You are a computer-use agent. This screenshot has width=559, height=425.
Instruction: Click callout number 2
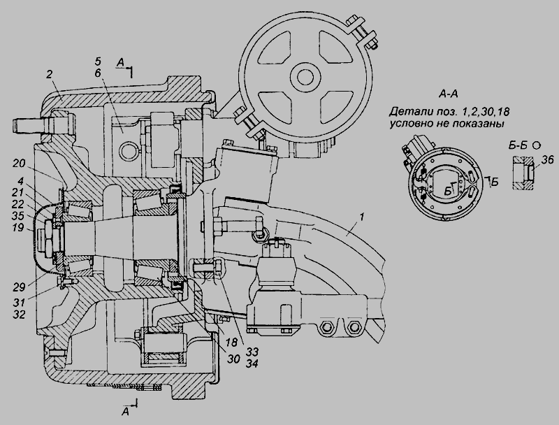click(x=50, y=74)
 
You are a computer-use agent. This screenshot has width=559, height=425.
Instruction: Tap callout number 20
click(x=19, y=164)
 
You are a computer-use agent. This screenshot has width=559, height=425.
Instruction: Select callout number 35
click(x=17, y=216)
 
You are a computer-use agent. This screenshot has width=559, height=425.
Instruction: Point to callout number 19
click(x=17, y=227)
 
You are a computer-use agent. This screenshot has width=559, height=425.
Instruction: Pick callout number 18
click(x=231, y=342)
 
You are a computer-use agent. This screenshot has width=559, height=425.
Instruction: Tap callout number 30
click(x=233, y=359)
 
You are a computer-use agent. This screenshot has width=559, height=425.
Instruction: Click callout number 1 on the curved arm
click(x=362, y=217)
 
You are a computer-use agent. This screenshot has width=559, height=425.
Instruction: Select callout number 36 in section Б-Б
click(x=547, y=160)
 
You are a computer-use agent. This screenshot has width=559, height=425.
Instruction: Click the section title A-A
click(x=448, y=94)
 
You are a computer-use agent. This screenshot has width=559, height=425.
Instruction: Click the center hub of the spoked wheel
click(x=305, y=77)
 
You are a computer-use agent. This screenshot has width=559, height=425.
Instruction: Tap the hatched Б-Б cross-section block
click(x=523, y=173)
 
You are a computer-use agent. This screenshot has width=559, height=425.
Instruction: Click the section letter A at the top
click(x=120, y=63)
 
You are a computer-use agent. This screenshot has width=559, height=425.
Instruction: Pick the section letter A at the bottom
click(x=125, y=412)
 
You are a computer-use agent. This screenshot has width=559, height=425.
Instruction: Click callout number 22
click(x=17, y=204)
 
